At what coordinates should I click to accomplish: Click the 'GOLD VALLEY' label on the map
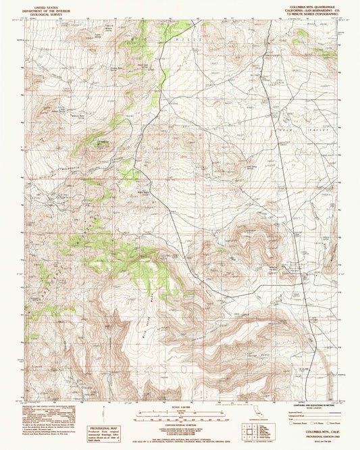[x=295, y=127]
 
